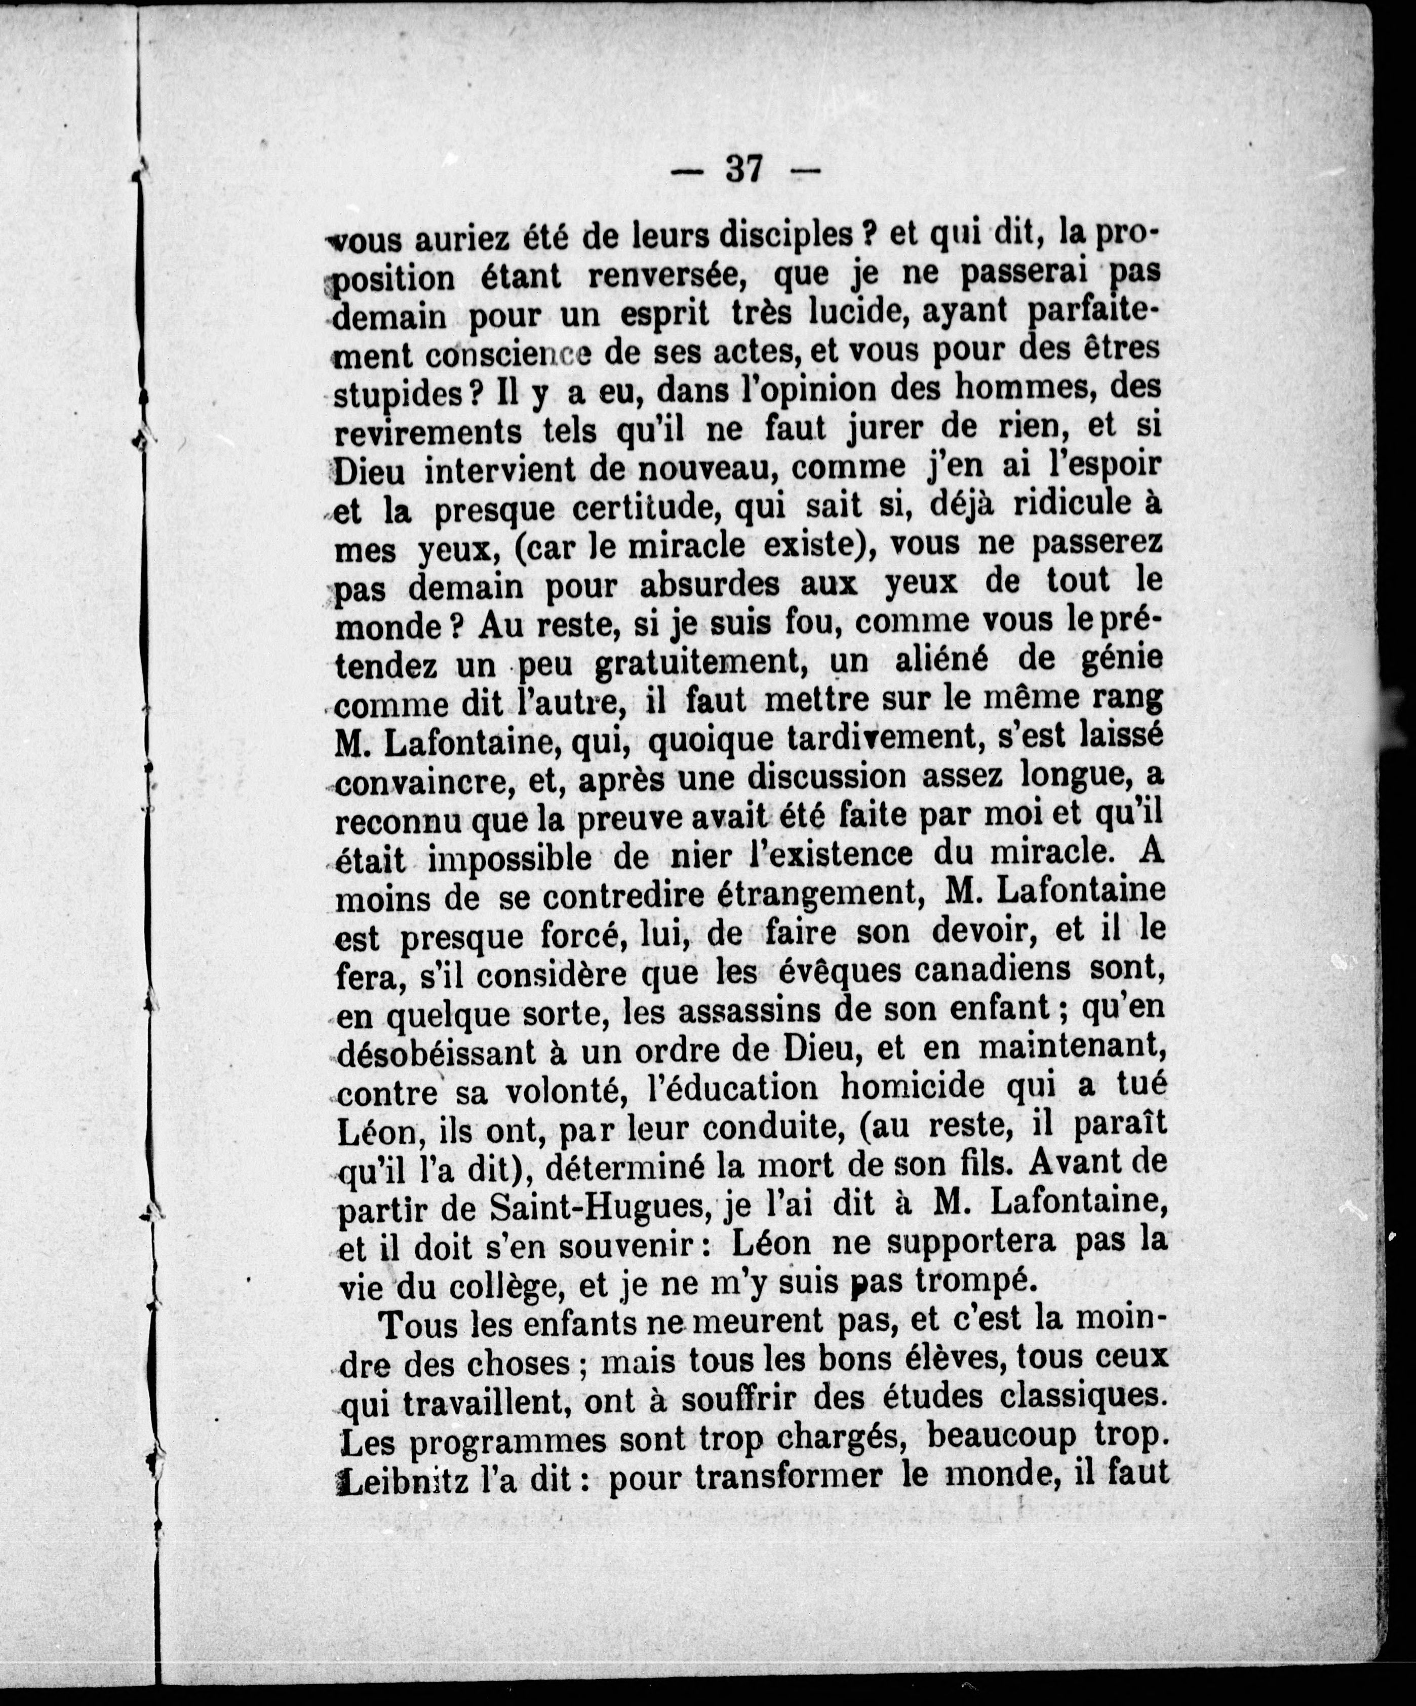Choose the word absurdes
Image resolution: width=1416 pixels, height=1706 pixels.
pyautogui.click(x=715, y=584)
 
